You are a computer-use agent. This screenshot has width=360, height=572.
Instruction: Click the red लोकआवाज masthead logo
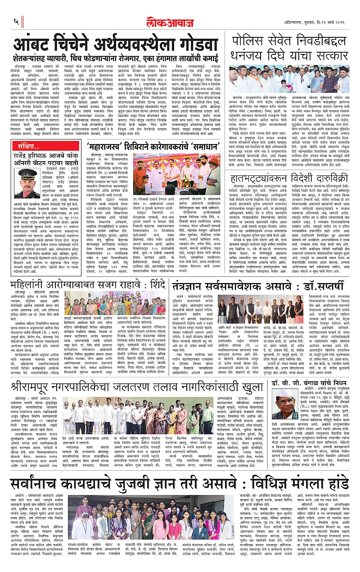180,20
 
